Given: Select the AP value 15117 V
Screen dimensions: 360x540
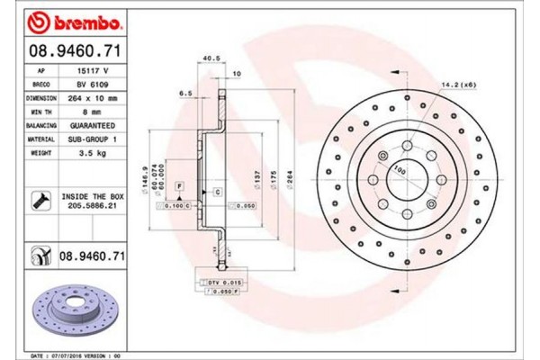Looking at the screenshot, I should pyautogui.click(x=86, y=69).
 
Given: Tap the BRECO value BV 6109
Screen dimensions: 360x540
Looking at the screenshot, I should pyautogui.click(x=86, y=83).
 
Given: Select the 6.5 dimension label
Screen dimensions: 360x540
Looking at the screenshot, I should pyautogui.click(x=186, y=93).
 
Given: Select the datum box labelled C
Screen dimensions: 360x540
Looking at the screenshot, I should pyautogui.click(x=217, y=193).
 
